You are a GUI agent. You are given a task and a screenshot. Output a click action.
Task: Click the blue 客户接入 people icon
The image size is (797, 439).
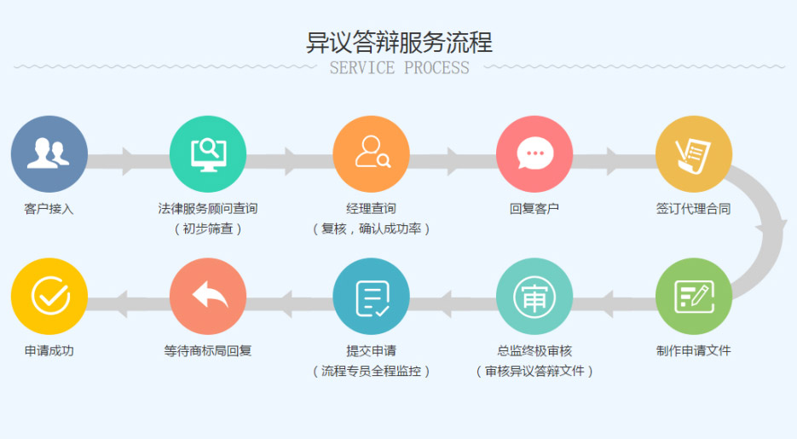coord(49,153)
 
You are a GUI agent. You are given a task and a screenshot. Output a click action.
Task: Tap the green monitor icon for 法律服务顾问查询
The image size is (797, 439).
coord(208,153)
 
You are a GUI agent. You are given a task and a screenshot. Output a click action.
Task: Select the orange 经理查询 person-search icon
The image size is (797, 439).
coord(371,153)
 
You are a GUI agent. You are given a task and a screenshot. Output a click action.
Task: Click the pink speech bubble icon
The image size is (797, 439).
coord(534,153)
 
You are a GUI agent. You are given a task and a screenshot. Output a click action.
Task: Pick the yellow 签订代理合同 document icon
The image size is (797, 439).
coord(693,153)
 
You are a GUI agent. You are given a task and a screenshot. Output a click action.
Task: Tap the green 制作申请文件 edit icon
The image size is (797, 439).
coord(693,296)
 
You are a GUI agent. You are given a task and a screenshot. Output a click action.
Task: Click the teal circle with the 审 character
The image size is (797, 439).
coord(534,296)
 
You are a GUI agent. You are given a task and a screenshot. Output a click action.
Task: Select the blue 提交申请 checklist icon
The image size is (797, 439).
coord(371,296)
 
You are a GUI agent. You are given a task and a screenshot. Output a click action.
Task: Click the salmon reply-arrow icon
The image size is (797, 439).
coord(208,296)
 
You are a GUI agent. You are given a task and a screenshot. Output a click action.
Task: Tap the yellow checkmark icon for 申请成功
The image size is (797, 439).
coord(49,296)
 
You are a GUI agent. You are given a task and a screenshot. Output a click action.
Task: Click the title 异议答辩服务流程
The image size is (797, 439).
coord(399,42)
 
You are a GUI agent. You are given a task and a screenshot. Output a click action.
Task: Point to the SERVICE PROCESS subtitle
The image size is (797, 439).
coord(399,68)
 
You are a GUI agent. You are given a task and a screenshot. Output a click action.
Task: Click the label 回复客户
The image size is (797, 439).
coord(534,208)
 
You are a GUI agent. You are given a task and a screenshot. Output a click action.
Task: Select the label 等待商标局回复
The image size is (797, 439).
coord(208,350)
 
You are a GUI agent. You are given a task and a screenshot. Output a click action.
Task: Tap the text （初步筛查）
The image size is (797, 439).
coord(208,228)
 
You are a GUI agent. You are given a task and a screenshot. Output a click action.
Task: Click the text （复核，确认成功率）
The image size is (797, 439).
coord(371,228)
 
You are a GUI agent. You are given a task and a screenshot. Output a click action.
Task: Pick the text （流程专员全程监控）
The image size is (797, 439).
coord(371,371)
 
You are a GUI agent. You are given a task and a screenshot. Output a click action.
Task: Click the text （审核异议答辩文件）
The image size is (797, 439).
coord(534,371)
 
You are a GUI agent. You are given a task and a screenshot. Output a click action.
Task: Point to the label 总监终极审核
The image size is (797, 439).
coord(534,350)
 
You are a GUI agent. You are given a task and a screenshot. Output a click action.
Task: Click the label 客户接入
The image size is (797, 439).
coord(49,208)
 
